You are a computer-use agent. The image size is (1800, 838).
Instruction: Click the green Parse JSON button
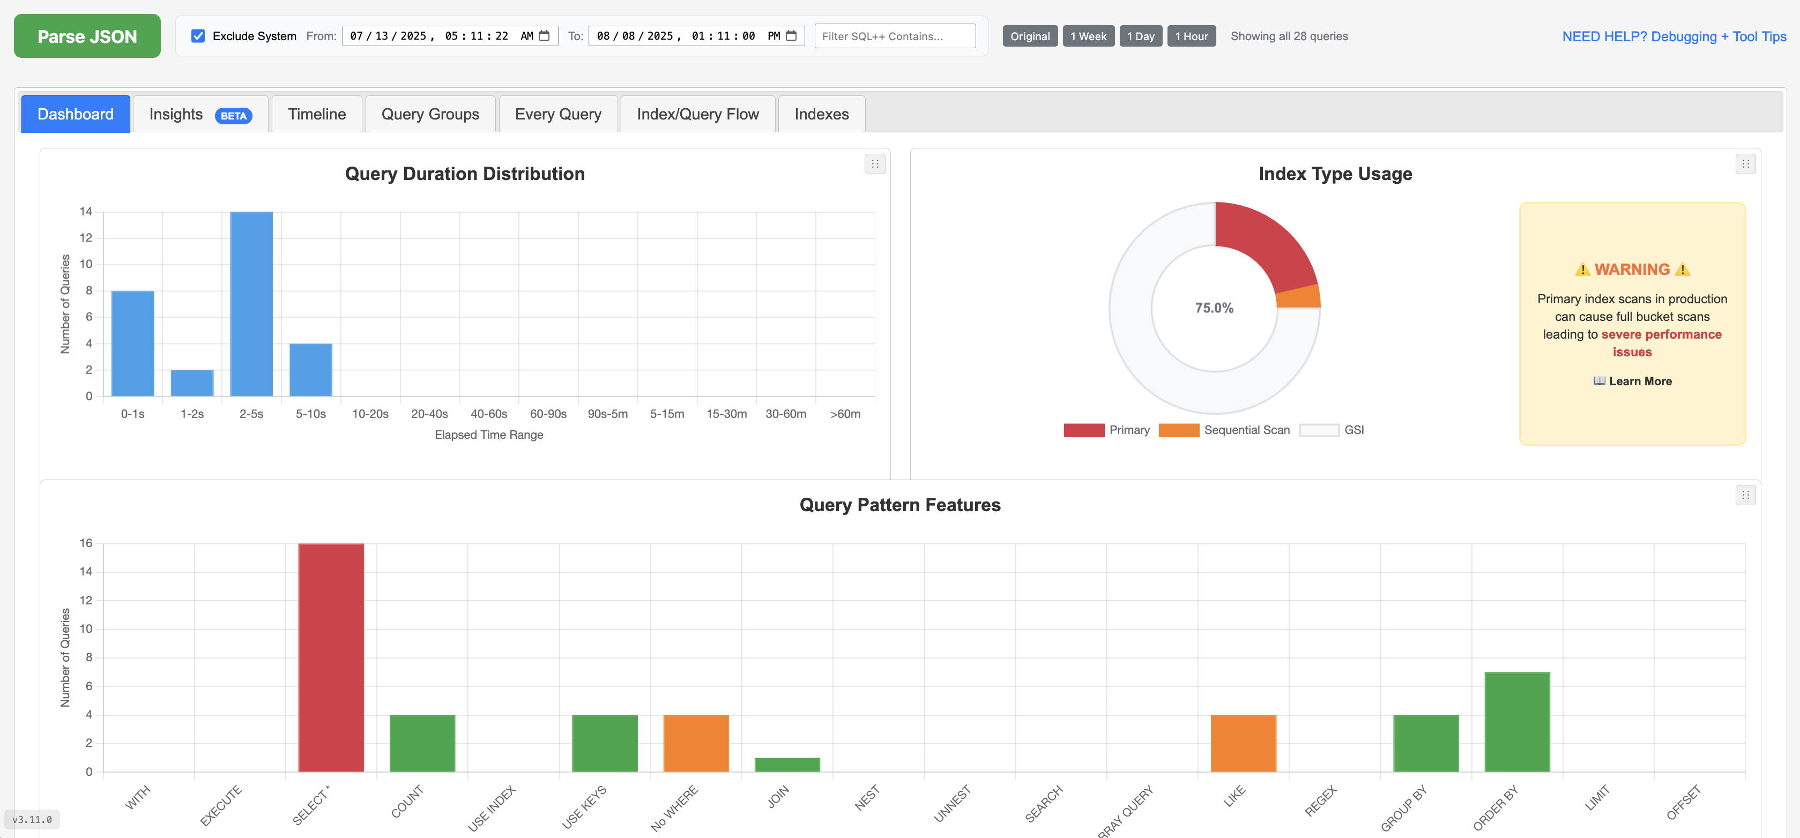tap(87, 36)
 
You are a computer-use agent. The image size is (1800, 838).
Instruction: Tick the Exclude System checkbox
tap(198, 36)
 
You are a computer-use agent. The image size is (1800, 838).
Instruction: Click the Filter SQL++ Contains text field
tap(895, 36)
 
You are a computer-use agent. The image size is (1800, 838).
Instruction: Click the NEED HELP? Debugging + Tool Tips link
tap(1673, 36)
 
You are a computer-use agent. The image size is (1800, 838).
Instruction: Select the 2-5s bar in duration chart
tap(251, 304)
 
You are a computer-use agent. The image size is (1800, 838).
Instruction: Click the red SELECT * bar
tap(331, 656)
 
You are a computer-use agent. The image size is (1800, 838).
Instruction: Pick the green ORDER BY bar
tap(1516, 721)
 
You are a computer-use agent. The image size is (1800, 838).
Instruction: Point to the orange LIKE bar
tap(1243, 743)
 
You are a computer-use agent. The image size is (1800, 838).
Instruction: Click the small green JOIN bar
tap(787, 765)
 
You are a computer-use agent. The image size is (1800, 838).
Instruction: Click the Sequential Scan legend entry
tap(1224, 430)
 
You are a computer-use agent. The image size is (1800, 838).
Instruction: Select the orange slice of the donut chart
tap(1298, 297)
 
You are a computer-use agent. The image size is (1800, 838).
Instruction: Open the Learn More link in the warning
tap(1632, 381)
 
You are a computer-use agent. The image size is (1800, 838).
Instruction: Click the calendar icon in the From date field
tap(544, 35)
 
